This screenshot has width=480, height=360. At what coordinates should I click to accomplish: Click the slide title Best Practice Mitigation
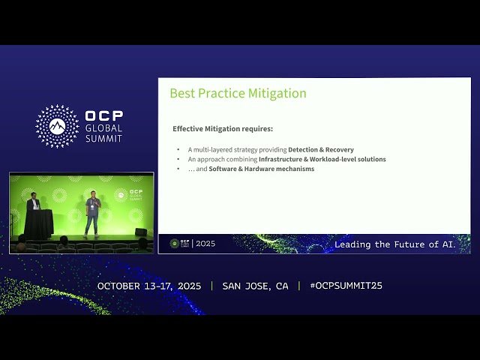click(238, 94)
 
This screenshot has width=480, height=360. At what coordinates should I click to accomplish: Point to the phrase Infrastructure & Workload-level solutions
click(322, 160)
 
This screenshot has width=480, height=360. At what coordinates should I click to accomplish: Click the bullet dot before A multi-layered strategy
click(178, 150)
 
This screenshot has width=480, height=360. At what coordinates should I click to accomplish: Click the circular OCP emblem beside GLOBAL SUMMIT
click(57, 126)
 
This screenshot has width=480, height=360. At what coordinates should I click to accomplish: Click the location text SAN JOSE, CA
click(255, 286)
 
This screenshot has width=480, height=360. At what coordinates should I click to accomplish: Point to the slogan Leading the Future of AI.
click(394, 244)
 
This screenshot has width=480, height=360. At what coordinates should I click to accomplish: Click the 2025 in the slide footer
click(205, 244)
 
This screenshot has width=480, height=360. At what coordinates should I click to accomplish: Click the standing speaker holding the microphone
click(92, 212)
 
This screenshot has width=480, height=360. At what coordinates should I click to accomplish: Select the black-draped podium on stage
click(38, 223)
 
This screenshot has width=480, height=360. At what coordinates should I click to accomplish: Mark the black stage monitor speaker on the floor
click(140, 232)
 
